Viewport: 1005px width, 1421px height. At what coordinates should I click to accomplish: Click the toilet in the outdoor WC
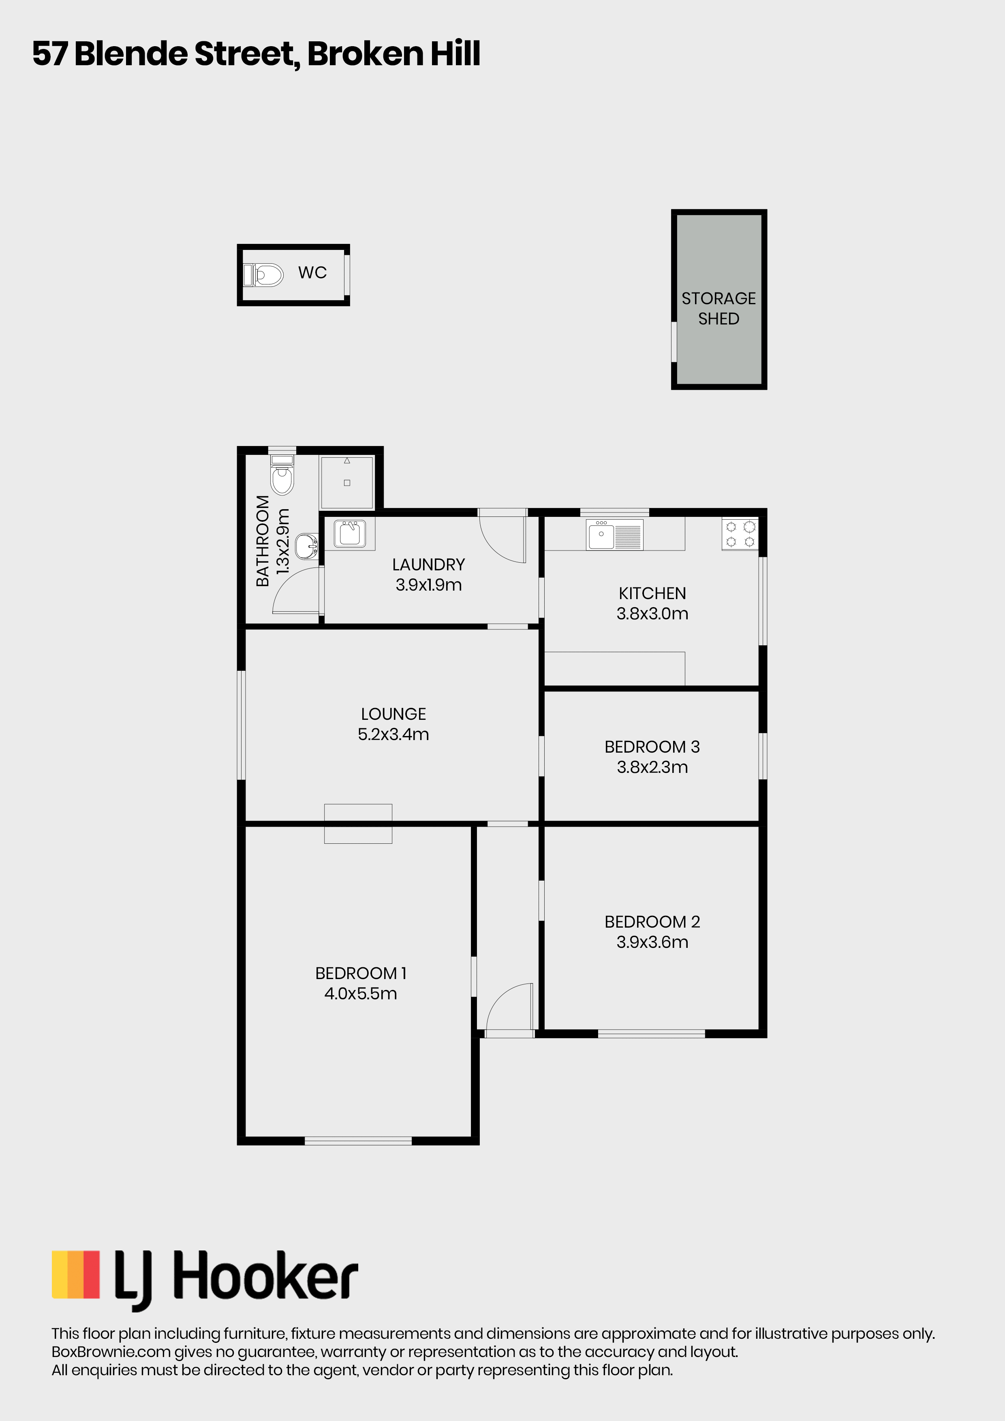point(263,275)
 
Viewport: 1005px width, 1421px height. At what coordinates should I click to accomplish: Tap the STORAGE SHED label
point(718,308)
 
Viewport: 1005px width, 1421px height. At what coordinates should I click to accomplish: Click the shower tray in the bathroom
point(347,482)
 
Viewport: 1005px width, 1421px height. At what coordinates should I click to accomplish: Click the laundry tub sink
point(350,533)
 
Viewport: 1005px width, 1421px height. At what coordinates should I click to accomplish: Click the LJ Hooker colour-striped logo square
point(75,1274)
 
